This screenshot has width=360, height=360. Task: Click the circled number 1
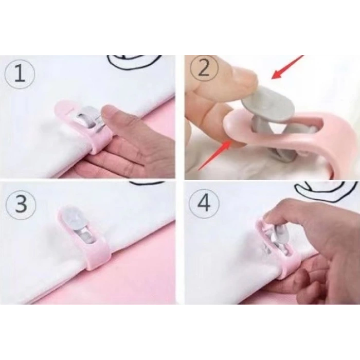20,74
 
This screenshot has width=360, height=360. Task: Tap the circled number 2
204,68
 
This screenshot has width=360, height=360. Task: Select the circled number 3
21,204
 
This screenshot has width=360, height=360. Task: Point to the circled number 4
204,203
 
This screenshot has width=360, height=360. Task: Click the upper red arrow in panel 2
287,67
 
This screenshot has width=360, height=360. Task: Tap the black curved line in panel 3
147,183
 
